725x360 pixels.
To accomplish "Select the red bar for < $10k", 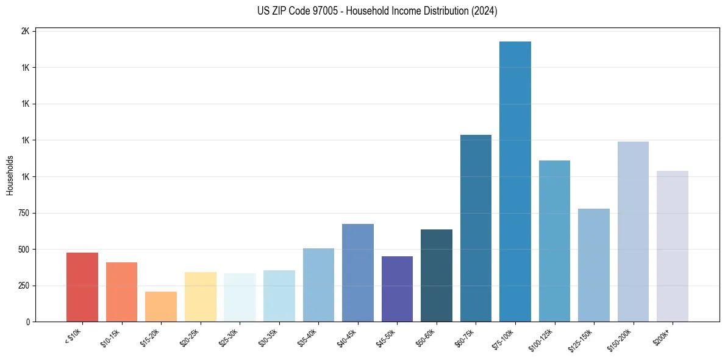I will coord(82,287).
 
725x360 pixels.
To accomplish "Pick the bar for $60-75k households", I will coord(476,228).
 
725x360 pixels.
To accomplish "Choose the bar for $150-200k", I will coord(633,231).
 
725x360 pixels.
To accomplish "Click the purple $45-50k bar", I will coord(397,289).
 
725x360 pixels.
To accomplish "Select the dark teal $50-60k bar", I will coord(437,275).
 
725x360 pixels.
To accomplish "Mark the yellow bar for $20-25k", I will coord(200,297).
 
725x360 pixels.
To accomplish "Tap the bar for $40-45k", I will coord(358,273).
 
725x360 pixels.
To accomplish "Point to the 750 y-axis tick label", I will coord(23,213).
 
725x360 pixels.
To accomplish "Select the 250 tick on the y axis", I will coord(23,286).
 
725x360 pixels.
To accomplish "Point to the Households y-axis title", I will coord(10,175).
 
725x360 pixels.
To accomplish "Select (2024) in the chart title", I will coord(484,11).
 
